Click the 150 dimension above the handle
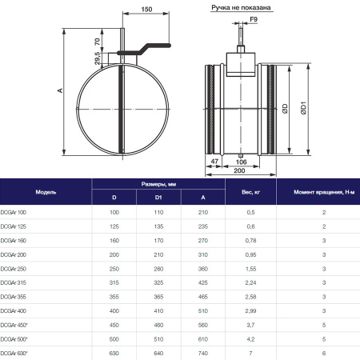[x=146, y=10]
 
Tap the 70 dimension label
[x=98, y=42]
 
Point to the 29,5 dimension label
[x=98, y=58]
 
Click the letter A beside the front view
[x=60, y=90]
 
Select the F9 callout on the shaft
[x=254, y=19]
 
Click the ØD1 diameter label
[x=304, y=108]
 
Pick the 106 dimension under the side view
[x=241, y=162]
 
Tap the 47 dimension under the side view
[x=214, y=162]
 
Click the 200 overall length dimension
[x=239, y=170]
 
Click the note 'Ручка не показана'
[x=241, y=8]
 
